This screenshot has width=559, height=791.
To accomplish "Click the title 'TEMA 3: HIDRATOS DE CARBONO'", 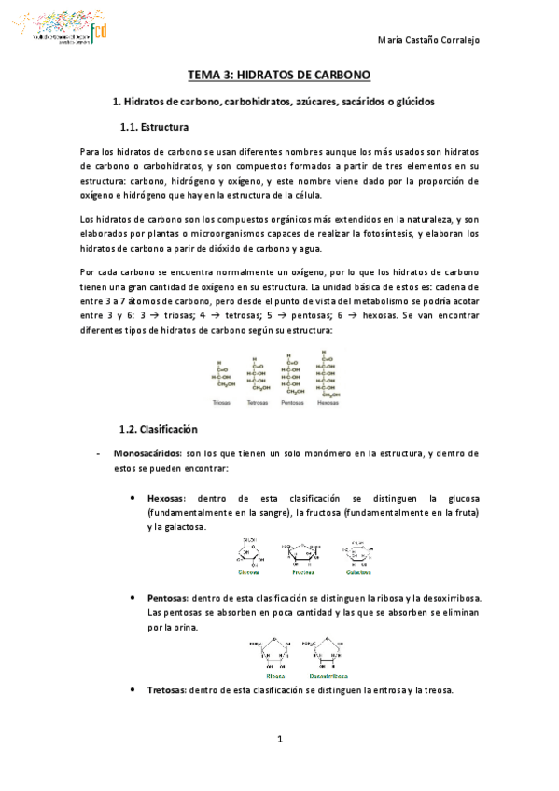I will (x=279, y=74).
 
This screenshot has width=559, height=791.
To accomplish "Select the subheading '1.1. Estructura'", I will (x=155, y=125).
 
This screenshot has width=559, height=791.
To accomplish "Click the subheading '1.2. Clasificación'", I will (x=160, y=429).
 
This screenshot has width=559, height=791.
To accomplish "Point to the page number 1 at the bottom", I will (x=279, y=741).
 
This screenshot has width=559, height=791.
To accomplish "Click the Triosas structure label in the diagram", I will (x=221, y=403).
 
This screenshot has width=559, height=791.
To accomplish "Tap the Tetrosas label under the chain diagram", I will (x=257, y=403).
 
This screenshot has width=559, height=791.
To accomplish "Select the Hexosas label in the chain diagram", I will (x=328, y=403).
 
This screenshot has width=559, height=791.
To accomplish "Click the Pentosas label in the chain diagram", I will (x=292, y=403).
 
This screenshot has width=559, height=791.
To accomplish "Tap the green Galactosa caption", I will (x=358, y=572).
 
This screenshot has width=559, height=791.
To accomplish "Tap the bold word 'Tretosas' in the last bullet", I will (x=166, y=690).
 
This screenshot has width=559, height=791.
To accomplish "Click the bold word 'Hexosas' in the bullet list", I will (x=166, y=499).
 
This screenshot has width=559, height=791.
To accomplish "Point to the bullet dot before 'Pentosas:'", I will (x=136, y=597).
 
